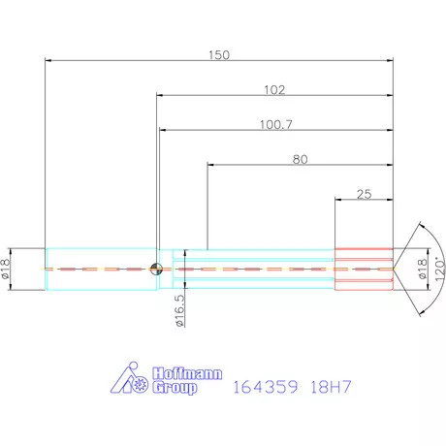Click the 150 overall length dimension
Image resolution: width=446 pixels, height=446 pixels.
click(219, 55)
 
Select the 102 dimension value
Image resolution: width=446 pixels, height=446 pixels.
click(274, 89)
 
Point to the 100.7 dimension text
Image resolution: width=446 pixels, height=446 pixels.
click(274, 124)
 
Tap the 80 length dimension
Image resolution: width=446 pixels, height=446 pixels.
click(301, 159)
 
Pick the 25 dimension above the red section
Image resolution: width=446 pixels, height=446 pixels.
click(364, 194)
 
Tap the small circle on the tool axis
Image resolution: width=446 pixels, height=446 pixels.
click(156, 269)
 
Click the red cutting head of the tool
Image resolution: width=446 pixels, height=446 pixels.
click(364, 268)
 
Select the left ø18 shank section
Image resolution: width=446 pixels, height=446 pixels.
click(101, 268)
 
